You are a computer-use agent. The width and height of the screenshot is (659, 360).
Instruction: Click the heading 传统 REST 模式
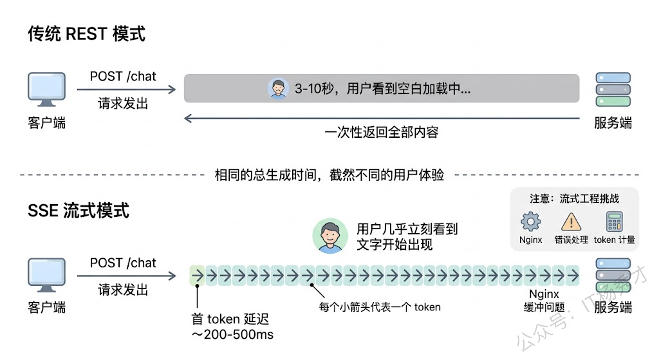[87, 33]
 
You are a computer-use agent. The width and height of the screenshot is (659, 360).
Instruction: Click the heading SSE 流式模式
[78, 211]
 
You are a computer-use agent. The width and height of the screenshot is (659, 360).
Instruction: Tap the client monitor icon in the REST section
[46, 90]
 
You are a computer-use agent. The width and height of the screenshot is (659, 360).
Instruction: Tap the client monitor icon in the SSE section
[46, 275]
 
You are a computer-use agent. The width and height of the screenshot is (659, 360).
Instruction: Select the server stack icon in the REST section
[613, 89]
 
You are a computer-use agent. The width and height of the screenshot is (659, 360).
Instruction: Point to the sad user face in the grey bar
[278, 88]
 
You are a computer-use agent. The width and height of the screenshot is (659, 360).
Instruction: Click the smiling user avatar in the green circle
[330, 236]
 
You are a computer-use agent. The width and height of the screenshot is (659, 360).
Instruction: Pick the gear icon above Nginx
[530, 221]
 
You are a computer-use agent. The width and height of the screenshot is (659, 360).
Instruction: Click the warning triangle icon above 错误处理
[571, 222]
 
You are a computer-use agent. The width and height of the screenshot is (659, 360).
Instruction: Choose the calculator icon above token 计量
[614, 221]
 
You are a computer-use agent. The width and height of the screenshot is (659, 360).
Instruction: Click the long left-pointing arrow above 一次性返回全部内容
[382, 118]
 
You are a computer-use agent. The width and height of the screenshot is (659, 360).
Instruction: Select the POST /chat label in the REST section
[123, 76]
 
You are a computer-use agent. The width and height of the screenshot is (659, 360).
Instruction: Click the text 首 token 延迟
[230, 319]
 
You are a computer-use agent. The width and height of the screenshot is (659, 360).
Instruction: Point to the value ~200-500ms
[232, 334]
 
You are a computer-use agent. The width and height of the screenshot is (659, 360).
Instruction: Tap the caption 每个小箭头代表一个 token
[380, 307]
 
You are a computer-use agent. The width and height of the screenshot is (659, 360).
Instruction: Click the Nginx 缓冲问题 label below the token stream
[544, 300]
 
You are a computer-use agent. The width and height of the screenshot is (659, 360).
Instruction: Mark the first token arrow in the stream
[198, 276]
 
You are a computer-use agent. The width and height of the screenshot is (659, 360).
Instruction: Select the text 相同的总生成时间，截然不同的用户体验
[329, 175]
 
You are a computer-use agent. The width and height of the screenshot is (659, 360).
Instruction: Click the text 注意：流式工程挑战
[574, 198]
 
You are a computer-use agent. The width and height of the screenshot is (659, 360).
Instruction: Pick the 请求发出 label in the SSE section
[123, 290]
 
